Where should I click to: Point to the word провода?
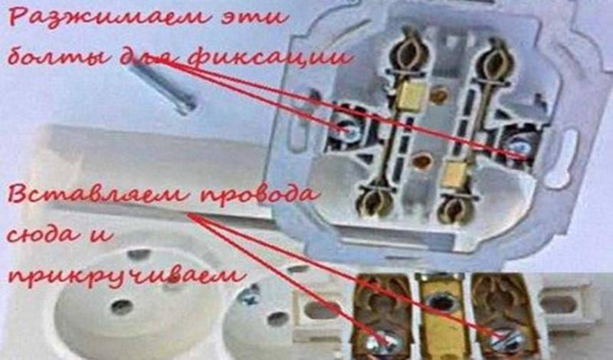[x=259, y=195]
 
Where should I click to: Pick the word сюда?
[x=46, y=234]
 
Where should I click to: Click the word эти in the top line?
[x=254, y=18]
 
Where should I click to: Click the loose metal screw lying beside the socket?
[x=163, y=88]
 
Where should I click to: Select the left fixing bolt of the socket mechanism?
[x=348, y=130]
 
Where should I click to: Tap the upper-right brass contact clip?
[x=493, y=63]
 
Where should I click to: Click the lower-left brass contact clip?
[x=374, y=199]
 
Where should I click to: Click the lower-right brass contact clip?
[x=454, y=207]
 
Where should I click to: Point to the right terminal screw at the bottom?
[x=507, y=341]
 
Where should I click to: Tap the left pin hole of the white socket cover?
[x=122, y=307]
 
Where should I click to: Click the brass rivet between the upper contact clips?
[x=439, y=94]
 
